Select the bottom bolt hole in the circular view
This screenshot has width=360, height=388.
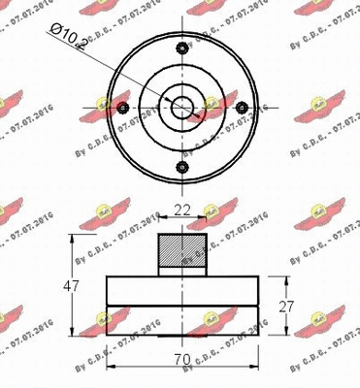(x=181, y=169)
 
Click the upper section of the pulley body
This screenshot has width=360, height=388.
(x=181, y=290)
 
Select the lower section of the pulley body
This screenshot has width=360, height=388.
(x=181, y=319)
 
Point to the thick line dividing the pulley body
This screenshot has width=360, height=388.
(x=181, y=306)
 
